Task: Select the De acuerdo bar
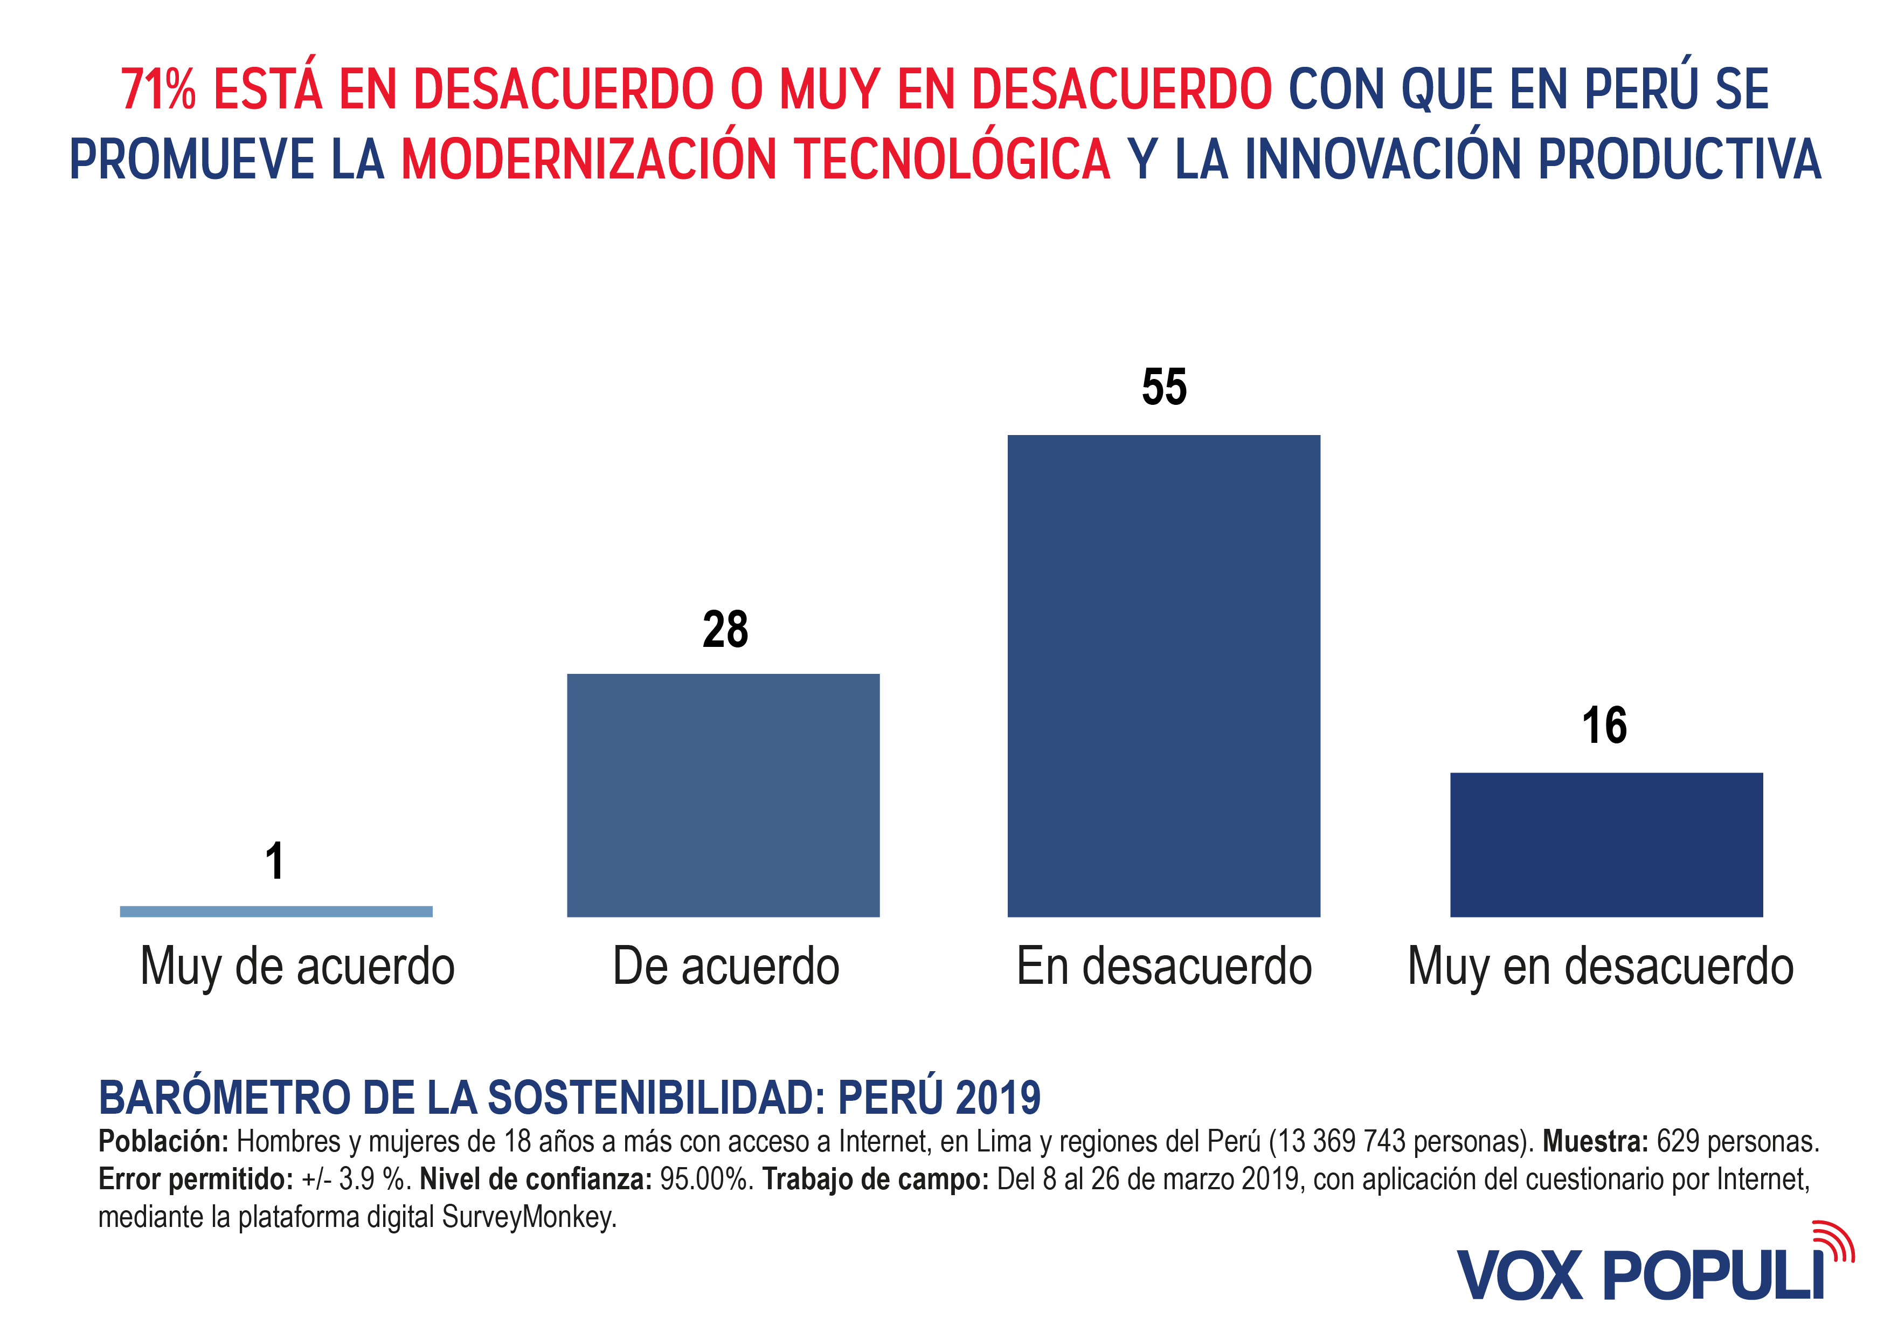pyautogui.click(x=723, y=795)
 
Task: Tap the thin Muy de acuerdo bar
pyautogui.click(x=276, y=911)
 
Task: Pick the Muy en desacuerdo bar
pyautogui.click(x=1606, y=845)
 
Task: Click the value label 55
pyautogui.click(x=1164, y=387)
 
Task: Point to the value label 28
pyautogui.click(x=725, y=630)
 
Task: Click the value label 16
pyautogui.click(x=1604, y=726)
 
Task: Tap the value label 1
pyautogui.click(x=275, y=861)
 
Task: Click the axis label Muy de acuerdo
pyautogui.click(x=297, y=967)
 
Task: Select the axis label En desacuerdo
pyautogui.click(x=1164, y=967)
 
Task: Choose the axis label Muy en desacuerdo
pyautogui.click(x=1601, y=967)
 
